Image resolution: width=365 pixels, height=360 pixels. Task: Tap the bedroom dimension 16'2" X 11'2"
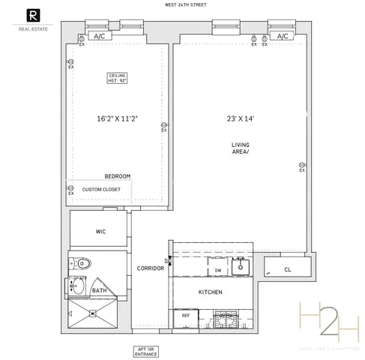pyautogui.click(x=117, y=118)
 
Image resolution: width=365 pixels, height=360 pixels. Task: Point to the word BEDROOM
pyautogui.click(x=118, y=176)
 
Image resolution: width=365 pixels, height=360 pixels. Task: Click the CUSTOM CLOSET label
pyautogui.click(x=101, y=190)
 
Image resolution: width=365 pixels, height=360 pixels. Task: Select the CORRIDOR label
pyautogui.click(x=151, y=268)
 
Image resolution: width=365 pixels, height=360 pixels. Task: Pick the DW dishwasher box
pyautogui.click(x=218, y=270)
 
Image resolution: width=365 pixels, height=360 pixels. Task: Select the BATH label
pyautogui.click(x=99, y=290)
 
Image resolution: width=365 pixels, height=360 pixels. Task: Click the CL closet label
pyautogui.click(x=288, y=270)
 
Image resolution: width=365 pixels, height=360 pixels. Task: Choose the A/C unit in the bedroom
pyautogui.click(x=98, y=36)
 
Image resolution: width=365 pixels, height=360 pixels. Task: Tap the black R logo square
pyautogui.click(x=32, y=14)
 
